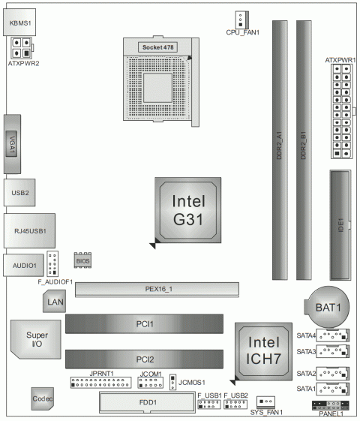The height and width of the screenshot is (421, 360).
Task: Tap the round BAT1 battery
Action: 327,306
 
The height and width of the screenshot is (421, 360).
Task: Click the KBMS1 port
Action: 21,23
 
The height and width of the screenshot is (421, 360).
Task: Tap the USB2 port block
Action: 20,194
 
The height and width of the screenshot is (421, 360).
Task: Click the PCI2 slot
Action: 145,359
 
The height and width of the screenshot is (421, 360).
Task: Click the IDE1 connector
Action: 341,223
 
